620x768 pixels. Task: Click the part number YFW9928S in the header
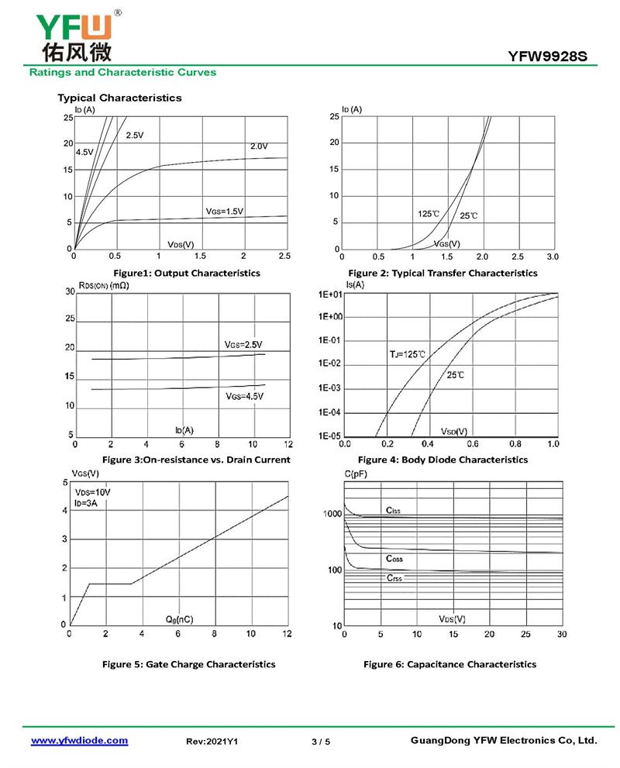coord(553,56)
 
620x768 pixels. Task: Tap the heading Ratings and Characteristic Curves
coord(122,72)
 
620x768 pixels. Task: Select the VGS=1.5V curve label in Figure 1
coord(224,211)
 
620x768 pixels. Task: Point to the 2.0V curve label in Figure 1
coord(258,146)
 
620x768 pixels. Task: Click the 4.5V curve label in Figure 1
coord(84,152)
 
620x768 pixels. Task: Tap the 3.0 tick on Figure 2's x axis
coord(552,256)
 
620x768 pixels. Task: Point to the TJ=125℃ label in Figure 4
coord(408,354)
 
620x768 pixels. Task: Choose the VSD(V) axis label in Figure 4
coord(453,431)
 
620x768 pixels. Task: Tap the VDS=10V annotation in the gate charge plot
coord(92,492)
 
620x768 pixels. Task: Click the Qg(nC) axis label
coord(179,619)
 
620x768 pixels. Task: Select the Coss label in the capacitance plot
coord(394,559)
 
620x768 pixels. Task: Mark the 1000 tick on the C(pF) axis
coord(332,515)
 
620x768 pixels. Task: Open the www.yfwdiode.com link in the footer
coord(79,741)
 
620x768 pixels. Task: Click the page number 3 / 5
coord(321,742)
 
